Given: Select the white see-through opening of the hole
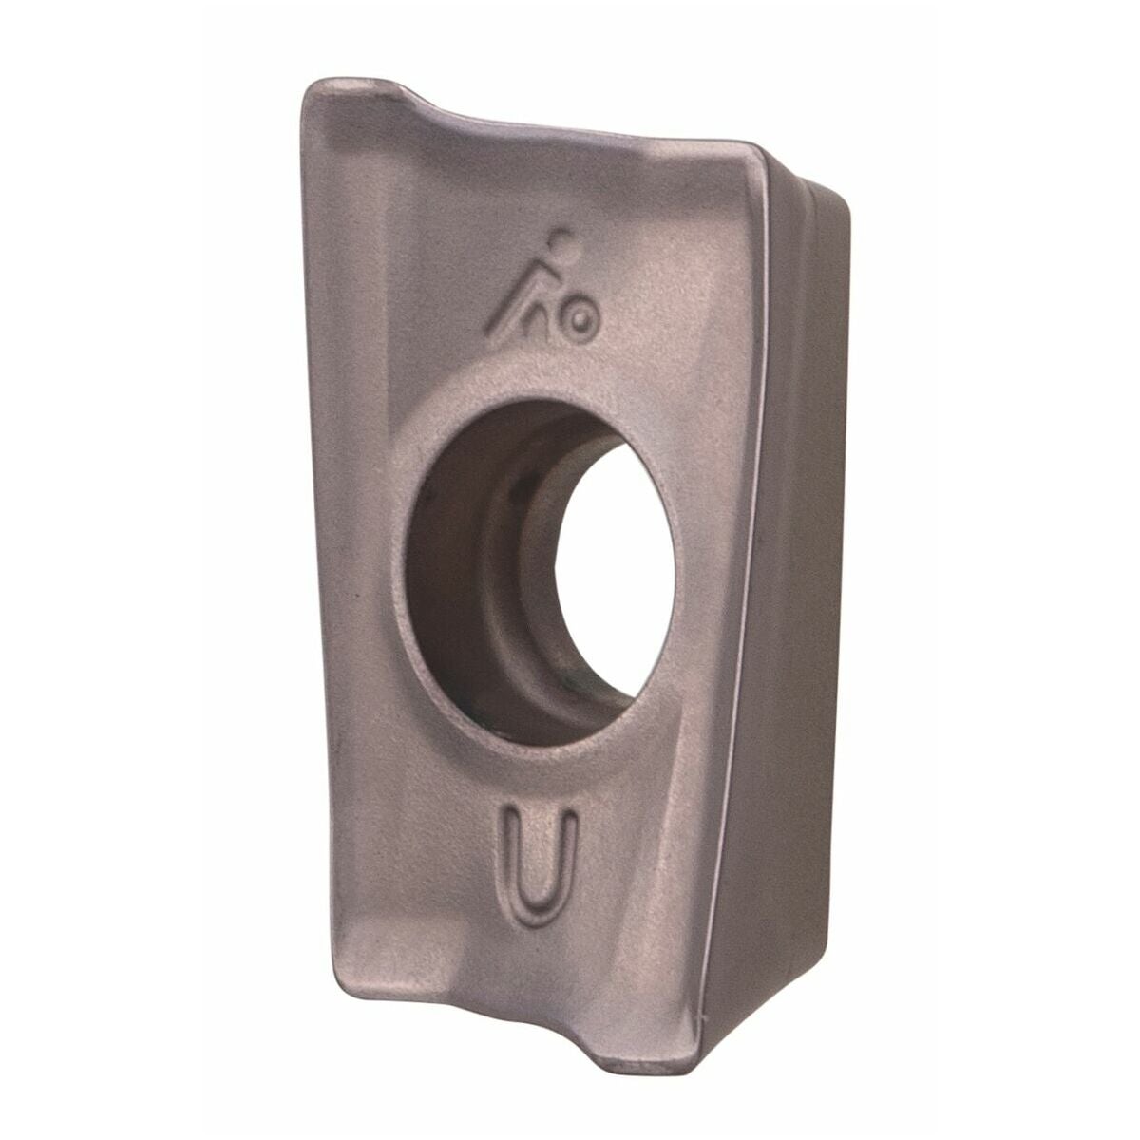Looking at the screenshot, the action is tap(616, 565).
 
